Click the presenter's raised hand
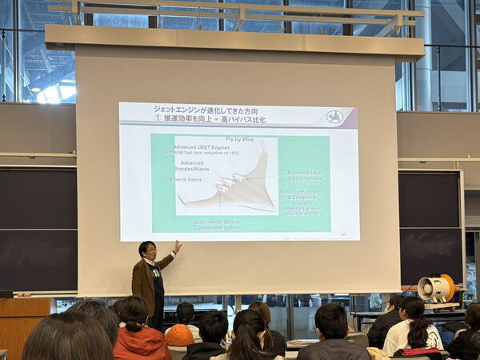[178, 246]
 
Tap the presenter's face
[148, 251]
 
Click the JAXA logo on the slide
[334, 117]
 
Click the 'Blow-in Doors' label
[185, 179]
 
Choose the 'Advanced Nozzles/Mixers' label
[192, 166]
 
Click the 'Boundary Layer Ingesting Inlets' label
[306, 175]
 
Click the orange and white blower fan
[435, 288]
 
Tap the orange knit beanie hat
[179, 334]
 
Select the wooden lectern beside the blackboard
[24, 323]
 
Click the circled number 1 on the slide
[158, 117]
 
